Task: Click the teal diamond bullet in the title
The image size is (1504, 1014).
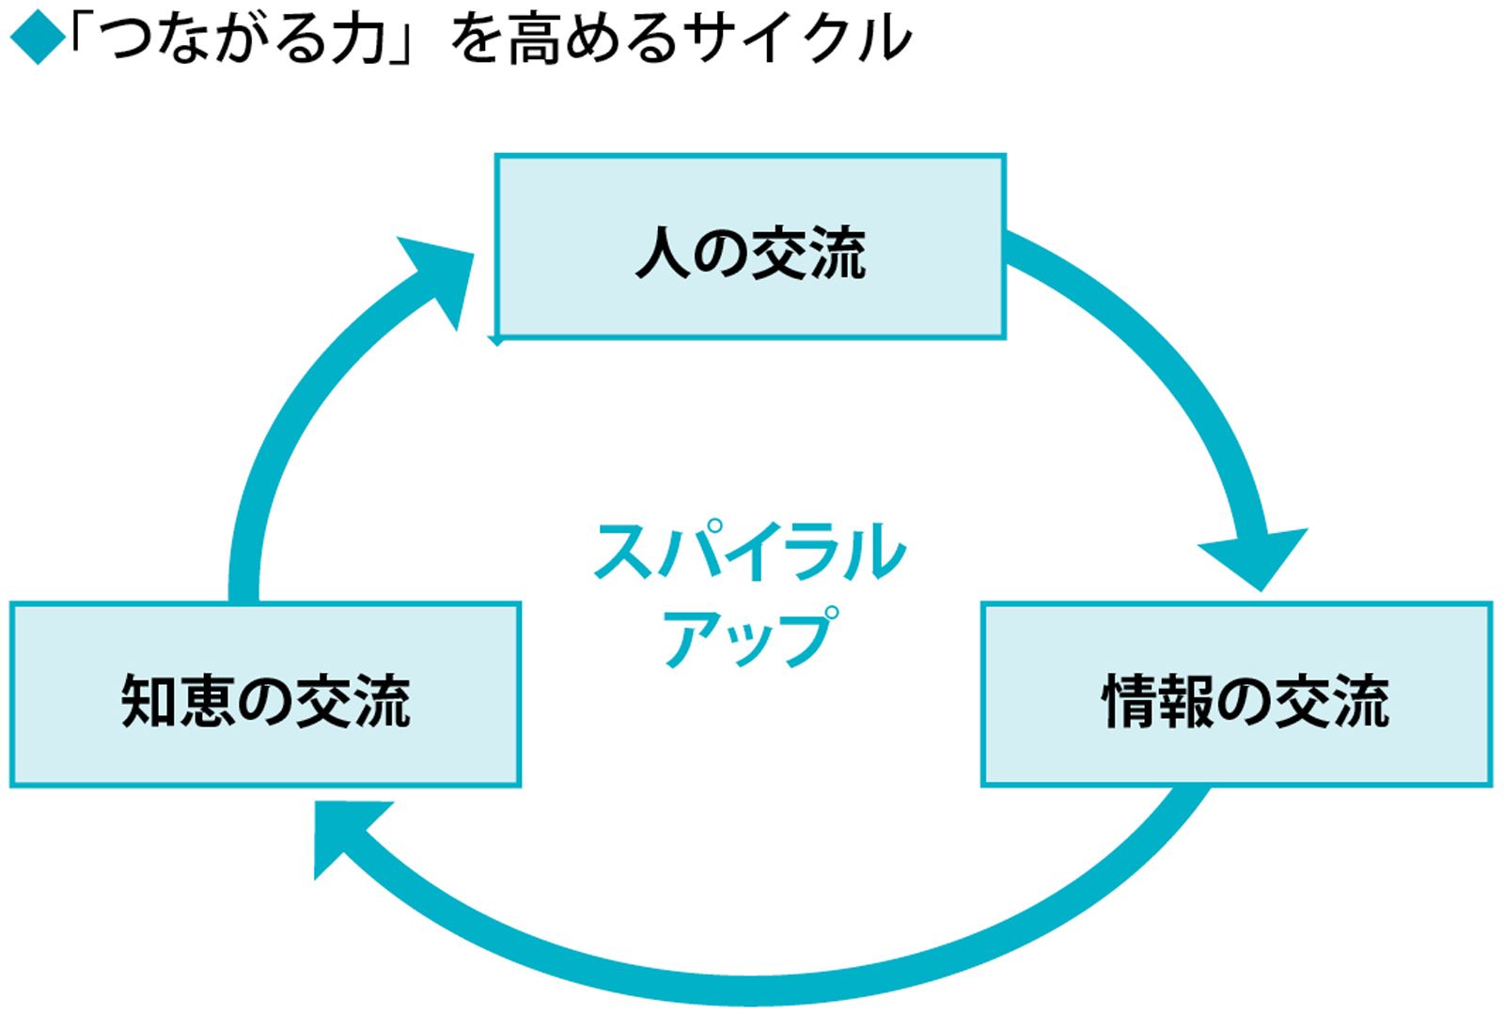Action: (x=38, y=39)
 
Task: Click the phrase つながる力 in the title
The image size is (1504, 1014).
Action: (x=245, y=39)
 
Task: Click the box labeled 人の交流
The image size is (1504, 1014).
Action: (x=750, y=246)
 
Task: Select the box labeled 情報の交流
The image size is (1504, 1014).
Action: (x=1237, y=694)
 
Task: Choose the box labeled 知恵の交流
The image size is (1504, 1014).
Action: (x=265, y=694)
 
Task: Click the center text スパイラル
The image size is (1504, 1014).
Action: (x=750, y=552)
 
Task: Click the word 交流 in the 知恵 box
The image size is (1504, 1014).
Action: (x=353, y=701)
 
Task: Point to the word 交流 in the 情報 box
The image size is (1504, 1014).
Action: (x=1332, y=701)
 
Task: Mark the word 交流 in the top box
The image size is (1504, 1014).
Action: (x=808, y=253)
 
